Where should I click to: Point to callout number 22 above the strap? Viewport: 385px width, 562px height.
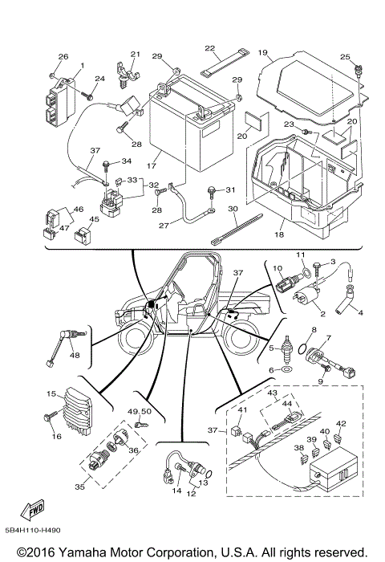tap(211, 48)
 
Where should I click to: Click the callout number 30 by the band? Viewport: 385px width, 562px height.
tap(233, 209)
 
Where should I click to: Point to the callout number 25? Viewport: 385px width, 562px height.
tap(345, 57)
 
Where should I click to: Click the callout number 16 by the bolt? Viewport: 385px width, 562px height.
tap(56, 436)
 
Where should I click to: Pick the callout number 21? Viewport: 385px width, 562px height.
tap(135, 55)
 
